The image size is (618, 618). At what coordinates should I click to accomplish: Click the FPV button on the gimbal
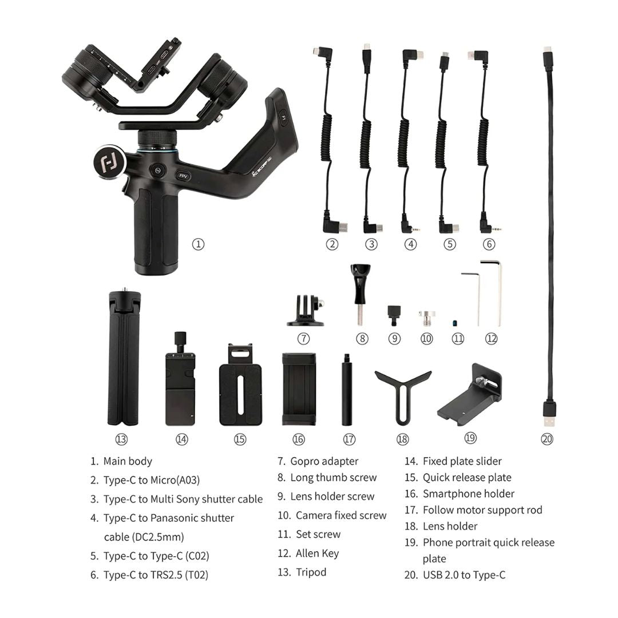coord(184,177)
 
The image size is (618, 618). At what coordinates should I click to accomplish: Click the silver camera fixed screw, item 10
coord(426,317)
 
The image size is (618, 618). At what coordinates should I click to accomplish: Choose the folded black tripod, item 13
coord(124,358)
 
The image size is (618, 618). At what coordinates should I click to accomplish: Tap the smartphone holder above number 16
coord(298,389)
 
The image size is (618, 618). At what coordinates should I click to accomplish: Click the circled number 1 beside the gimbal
coord(198,244)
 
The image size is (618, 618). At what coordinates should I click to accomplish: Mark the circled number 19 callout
coord(470,438)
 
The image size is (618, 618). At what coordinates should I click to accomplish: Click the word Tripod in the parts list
coord(311,572)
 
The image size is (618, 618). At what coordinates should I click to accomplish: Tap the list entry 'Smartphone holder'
coord(468,493)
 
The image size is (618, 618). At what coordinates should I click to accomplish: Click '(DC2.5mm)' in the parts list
coord(144,537)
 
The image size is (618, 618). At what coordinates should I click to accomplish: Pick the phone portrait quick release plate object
coord(471,395)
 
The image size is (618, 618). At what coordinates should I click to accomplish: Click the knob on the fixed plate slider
coord(181,338)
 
